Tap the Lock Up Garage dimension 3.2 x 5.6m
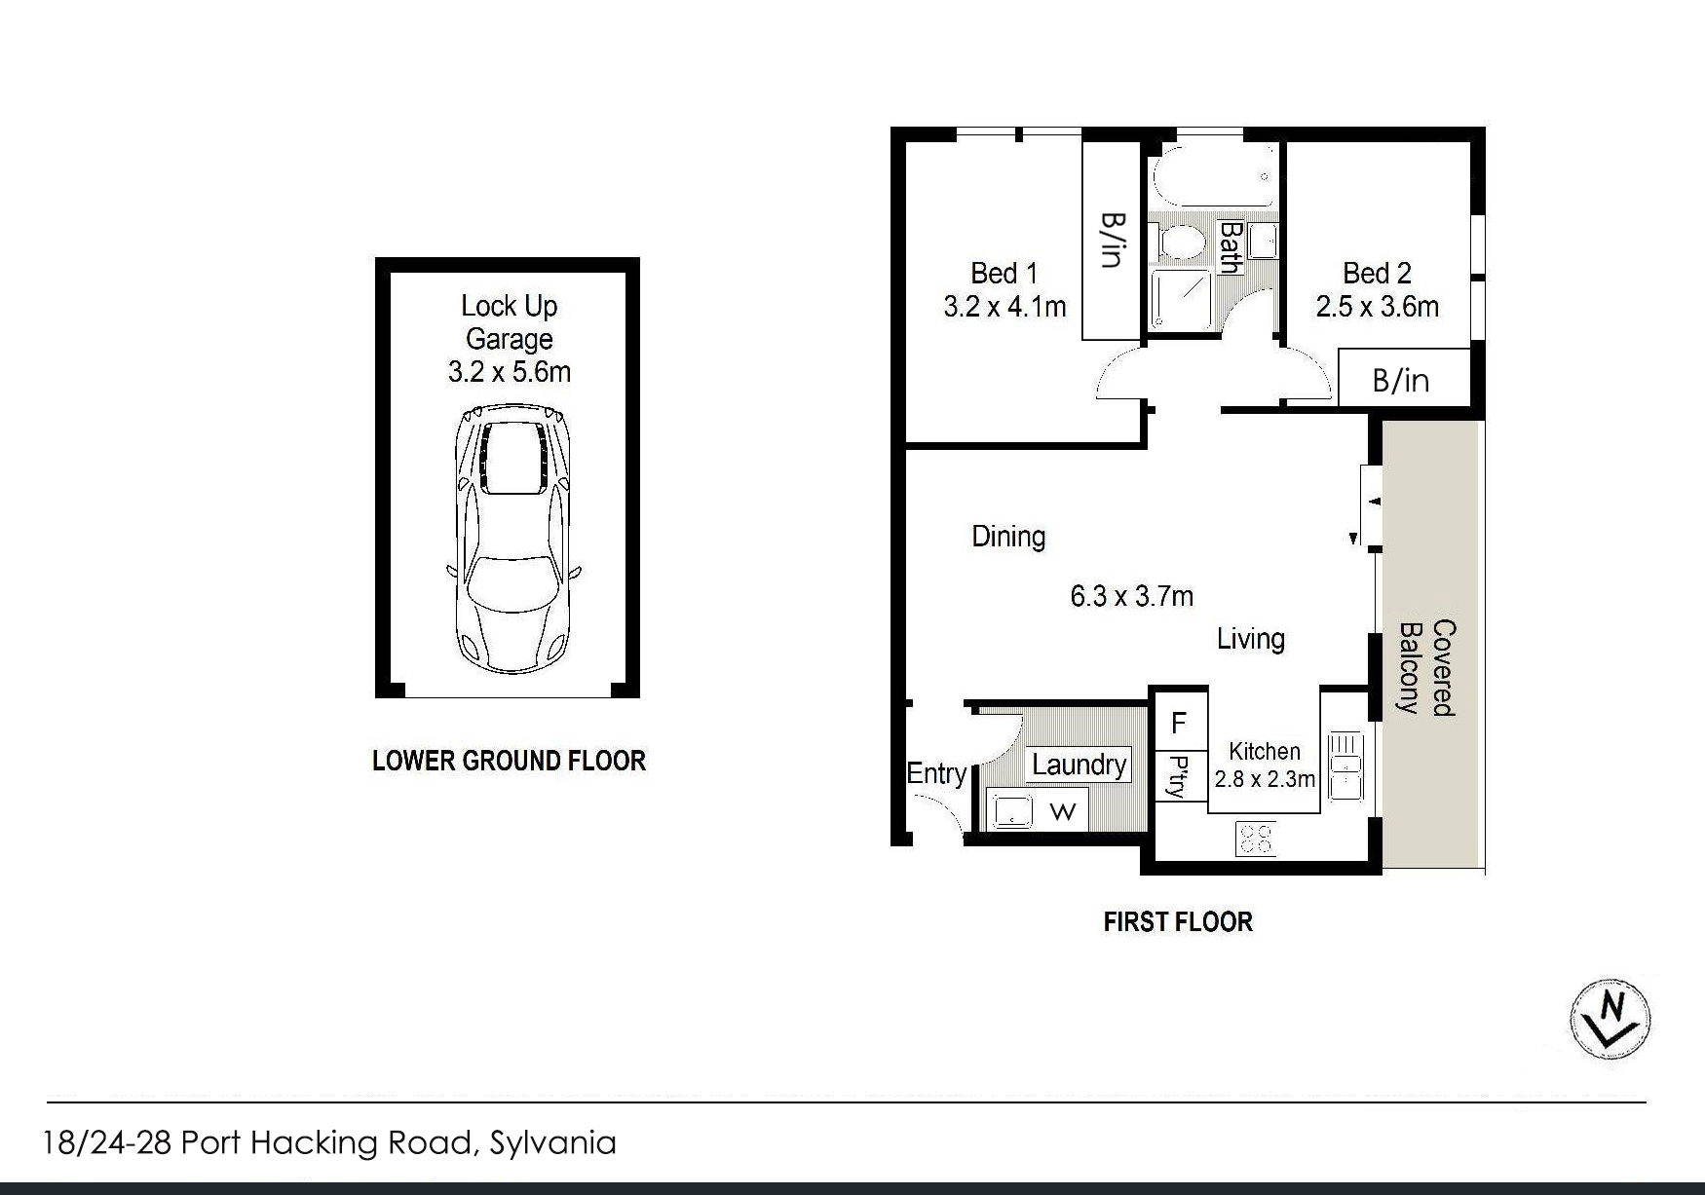pos(510,372)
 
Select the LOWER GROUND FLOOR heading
pos(510,761)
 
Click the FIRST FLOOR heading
pos(1178,921)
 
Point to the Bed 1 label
pos(1004,273)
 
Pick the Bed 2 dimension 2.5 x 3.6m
pos(1378,307)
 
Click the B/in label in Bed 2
pos(1401,380)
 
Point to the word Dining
pos(1009,537)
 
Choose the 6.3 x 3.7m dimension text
pos(1132,596)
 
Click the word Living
pos(1251,639)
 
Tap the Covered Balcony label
pos(1427,668)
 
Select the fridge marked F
pos(1180,723)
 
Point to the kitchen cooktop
pos(1255,839)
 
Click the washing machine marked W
pos(1063,811)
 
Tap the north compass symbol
pos(1610,1019)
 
